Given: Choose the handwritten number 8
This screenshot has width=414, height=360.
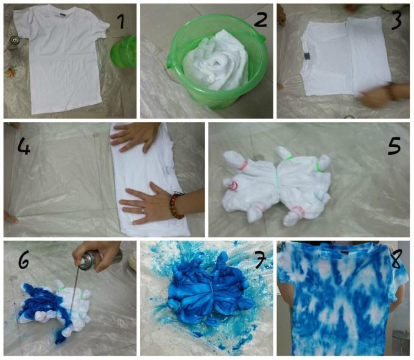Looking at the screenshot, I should [397, 259].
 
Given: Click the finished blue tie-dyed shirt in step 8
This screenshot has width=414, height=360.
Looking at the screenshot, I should [338, 302].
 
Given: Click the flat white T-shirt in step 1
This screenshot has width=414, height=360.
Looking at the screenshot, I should [61, 61].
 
